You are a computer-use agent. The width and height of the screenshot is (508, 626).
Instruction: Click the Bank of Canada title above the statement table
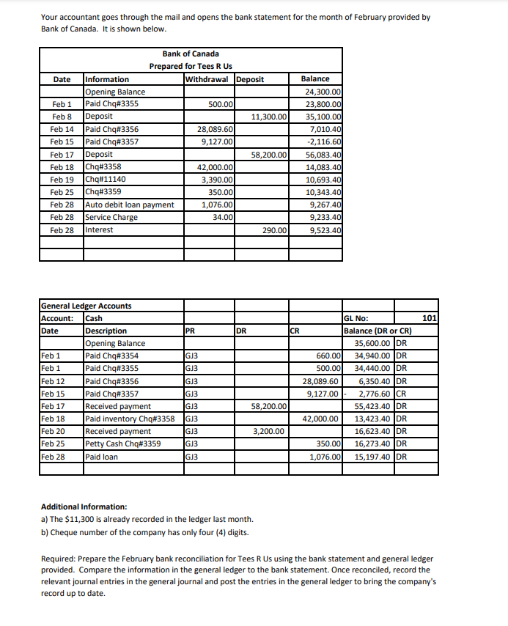190,54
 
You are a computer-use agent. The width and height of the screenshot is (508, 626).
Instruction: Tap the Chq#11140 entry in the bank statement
106,180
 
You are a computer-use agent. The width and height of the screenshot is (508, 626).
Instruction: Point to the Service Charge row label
111,217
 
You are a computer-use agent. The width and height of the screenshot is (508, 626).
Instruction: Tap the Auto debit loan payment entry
130,205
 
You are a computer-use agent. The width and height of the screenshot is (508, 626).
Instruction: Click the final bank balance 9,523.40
325,230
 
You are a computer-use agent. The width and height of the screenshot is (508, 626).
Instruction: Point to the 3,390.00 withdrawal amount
217,180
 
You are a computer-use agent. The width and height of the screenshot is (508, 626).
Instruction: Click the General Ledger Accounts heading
86,306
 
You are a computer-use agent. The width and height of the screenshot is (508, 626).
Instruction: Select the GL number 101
430,318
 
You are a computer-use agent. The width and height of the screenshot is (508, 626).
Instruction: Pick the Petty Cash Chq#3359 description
123,443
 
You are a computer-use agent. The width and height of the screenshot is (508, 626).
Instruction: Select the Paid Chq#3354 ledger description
111,356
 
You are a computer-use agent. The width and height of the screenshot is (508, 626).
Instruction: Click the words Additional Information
84,507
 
